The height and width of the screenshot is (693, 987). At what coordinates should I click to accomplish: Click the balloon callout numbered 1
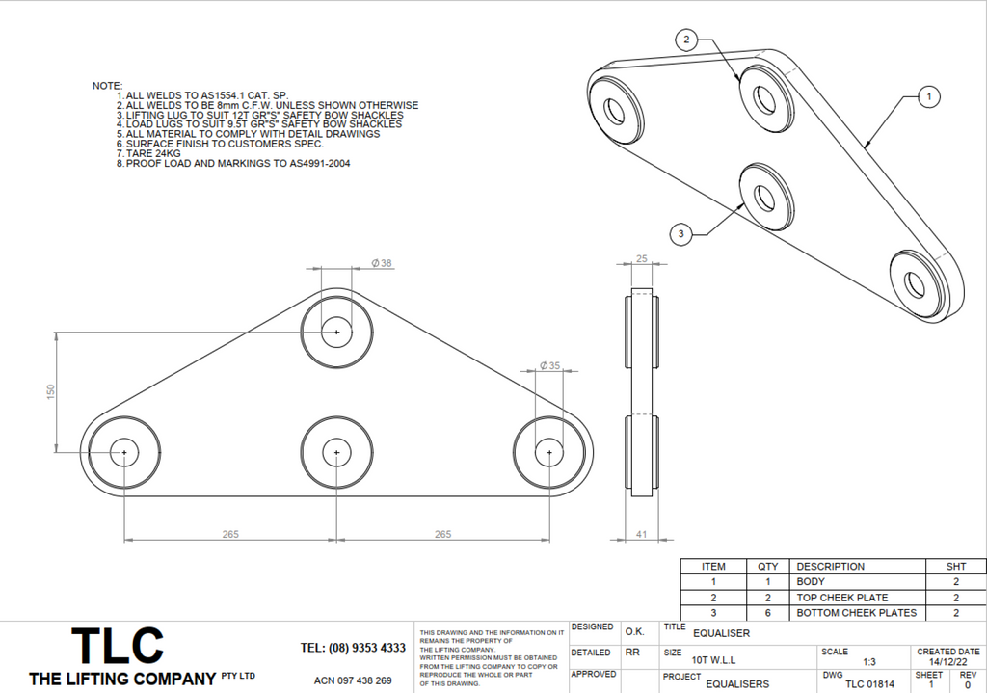click(927, 96)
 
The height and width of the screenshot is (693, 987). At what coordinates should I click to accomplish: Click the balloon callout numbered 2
click(686, 40)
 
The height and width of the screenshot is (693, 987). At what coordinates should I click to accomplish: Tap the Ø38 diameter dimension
click(382, 263)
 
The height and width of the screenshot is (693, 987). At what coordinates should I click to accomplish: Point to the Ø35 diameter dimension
click(550, 365)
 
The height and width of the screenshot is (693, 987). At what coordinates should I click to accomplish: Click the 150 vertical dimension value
click(51, 390)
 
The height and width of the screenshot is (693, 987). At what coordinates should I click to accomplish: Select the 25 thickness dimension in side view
click(642, 258)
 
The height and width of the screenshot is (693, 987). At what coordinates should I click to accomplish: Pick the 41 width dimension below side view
click(642, 533)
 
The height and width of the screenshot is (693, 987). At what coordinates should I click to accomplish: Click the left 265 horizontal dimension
click(229, 534)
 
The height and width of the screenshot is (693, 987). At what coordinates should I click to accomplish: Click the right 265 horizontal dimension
click(442, 534)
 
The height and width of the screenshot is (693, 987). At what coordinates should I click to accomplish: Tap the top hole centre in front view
click(336, 332)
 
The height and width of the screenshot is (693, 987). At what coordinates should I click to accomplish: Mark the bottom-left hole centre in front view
click(124, 452)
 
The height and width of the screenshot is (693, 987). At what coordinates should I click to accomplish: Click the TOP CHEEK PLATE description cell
click(841, 598)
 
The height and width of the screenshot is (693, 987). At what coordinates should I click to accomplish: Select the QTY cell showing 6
click(767, 613)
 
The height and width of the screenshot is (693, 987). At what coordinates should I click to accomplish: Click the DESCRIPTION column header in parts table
click(830, 567)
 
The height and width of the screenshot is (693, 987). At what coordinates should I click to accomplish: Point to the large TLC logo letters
click(117, 646)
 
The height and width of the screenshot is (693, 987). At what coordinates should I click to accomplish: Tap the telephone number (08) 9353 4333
click(353, 648)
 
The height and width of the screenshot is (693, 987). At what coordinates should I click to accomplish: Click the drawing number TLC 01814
click(869, 684)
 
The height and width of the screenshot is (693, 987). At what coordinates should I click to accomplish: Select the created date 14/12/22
click(947, 662)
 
